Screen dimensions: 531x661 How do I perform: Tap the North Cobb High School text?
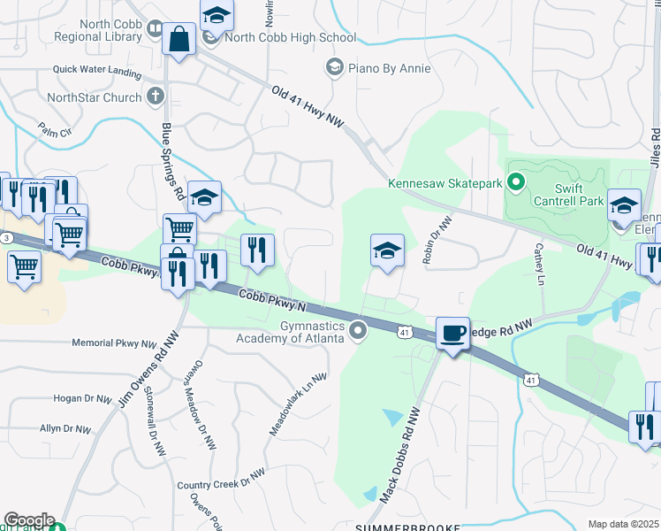[290, 38]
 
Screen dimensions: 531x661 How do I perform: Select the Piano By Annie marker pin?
[334, 67]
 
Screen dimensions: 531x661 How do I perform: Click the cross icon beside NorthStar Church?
[155, 96]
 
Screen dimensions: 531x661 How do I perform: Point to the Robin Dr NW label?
[437, 239]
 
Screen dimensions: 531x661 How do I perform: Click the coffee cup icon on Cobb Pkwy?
[452, 334]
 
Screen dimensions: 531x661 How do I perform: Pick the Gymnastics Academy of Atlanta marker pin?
[358, 331]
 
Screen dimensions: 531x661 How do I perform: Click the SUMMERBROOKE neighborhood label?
[408, 527]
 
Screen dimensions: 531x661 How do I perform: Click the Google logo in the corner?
[29, 520]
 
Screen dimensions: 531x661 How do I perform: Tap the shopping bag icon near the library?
[179, 40]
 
